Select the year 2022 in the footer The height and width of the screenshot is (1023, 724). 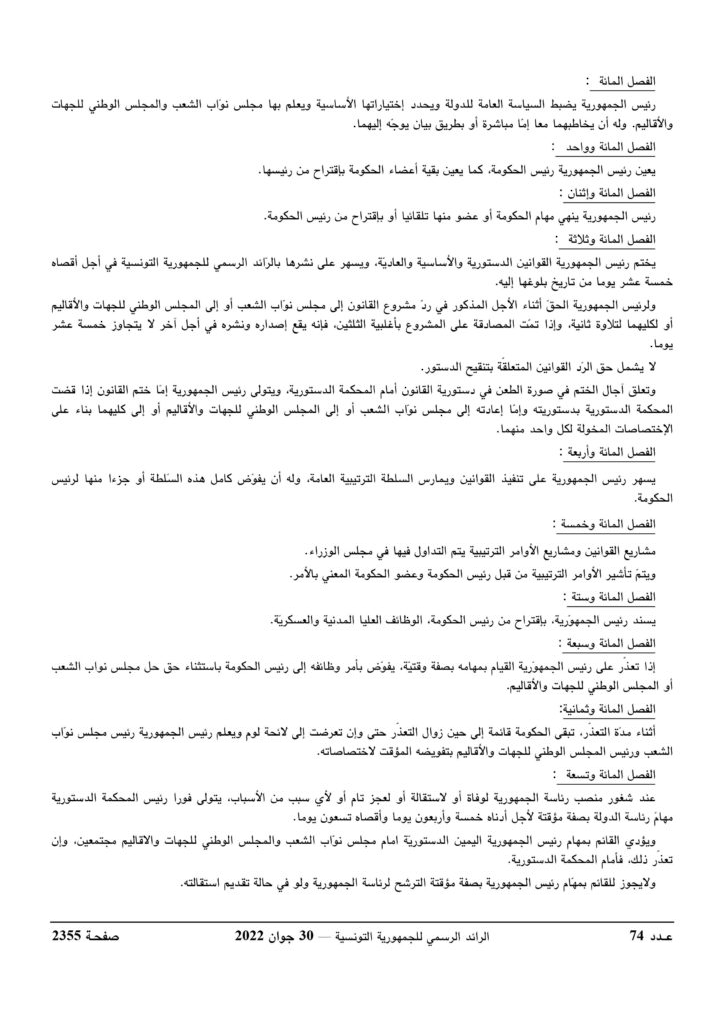254,935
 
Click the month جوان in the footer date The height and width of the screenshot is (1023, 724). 296,935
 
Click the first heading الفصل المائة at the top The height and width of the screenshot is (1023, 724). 637,80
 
